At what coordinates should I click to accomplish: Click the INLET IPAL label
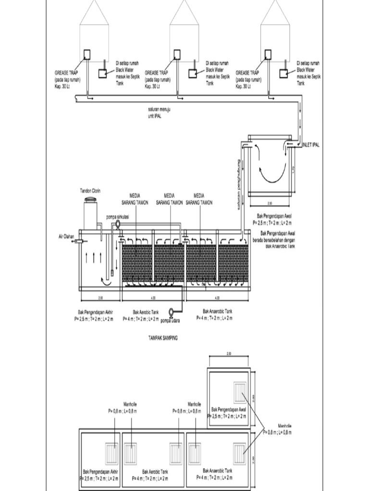point(309,144)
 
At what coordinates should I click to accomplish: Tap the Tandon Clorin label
point(90,191)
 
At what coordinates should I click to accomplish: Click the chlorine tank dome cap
point(90,199)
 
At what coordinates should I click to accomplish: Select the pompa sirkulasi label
point(118,217)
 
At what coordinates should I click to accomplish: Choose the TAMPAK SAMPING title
point(163,338)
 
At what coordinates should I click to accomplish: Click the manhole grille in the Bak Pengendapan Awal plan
point(239,392)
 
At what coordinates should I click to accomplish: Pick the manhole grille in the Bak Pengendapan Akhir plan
point(112,454)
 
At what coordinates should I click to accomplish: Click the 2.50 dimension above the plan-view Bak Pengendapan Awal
point(228,354)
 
